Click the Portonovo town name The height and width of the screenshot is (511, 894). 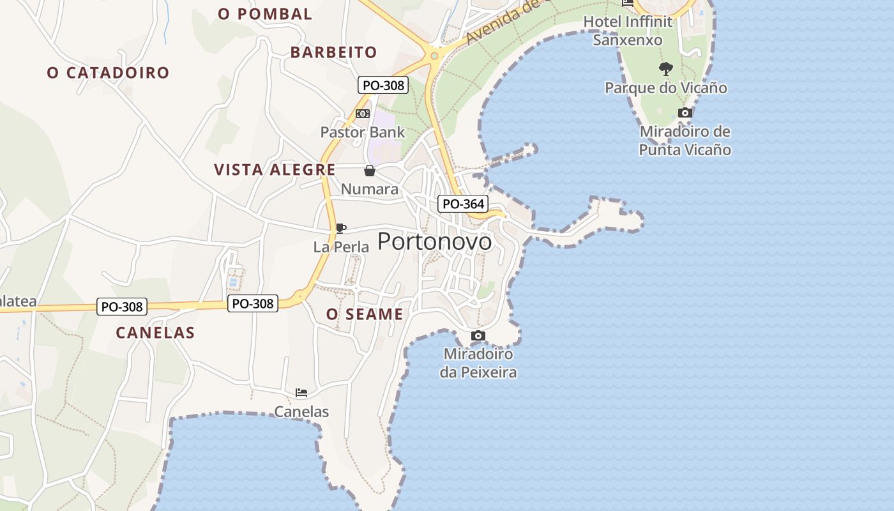435,241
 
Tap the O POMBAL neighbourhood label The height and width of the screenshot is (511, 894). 264,13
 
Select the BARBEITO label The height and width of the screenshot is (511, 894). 333,52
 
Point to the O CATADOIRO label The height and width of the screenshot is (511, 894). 108,73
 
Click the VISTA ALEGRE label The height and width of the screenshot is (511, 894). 275,169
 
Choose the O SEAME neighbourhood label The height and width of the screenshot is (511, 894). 365,314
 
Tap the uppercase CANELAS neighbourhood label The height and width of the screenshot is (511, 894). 155,332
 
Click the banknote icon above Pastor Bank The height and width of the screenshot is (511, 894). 363,114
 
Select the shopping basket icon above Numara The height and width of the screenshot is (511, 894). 370,171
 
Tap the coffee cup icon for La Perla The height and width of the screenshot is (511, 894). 341,228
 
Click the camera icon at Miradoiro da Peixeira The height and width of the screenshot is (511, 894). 478,335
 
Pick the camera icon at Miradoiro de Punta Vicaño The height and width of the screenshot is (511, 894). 685,113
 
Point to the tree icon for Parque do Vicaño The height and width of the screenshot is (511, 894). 666,68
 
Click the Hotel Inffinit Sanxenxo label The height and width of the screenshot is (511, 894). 628,31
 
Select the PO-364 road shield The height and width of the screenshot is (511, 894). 464,204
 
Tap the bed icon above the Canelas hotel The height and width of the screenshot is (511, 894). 301,393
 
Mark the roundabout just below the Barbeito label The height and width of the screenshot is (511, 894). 434,56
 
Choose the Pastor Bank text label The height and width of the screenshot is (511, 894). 363,132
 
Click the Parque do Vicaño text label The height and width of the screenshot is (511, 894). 666,88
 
